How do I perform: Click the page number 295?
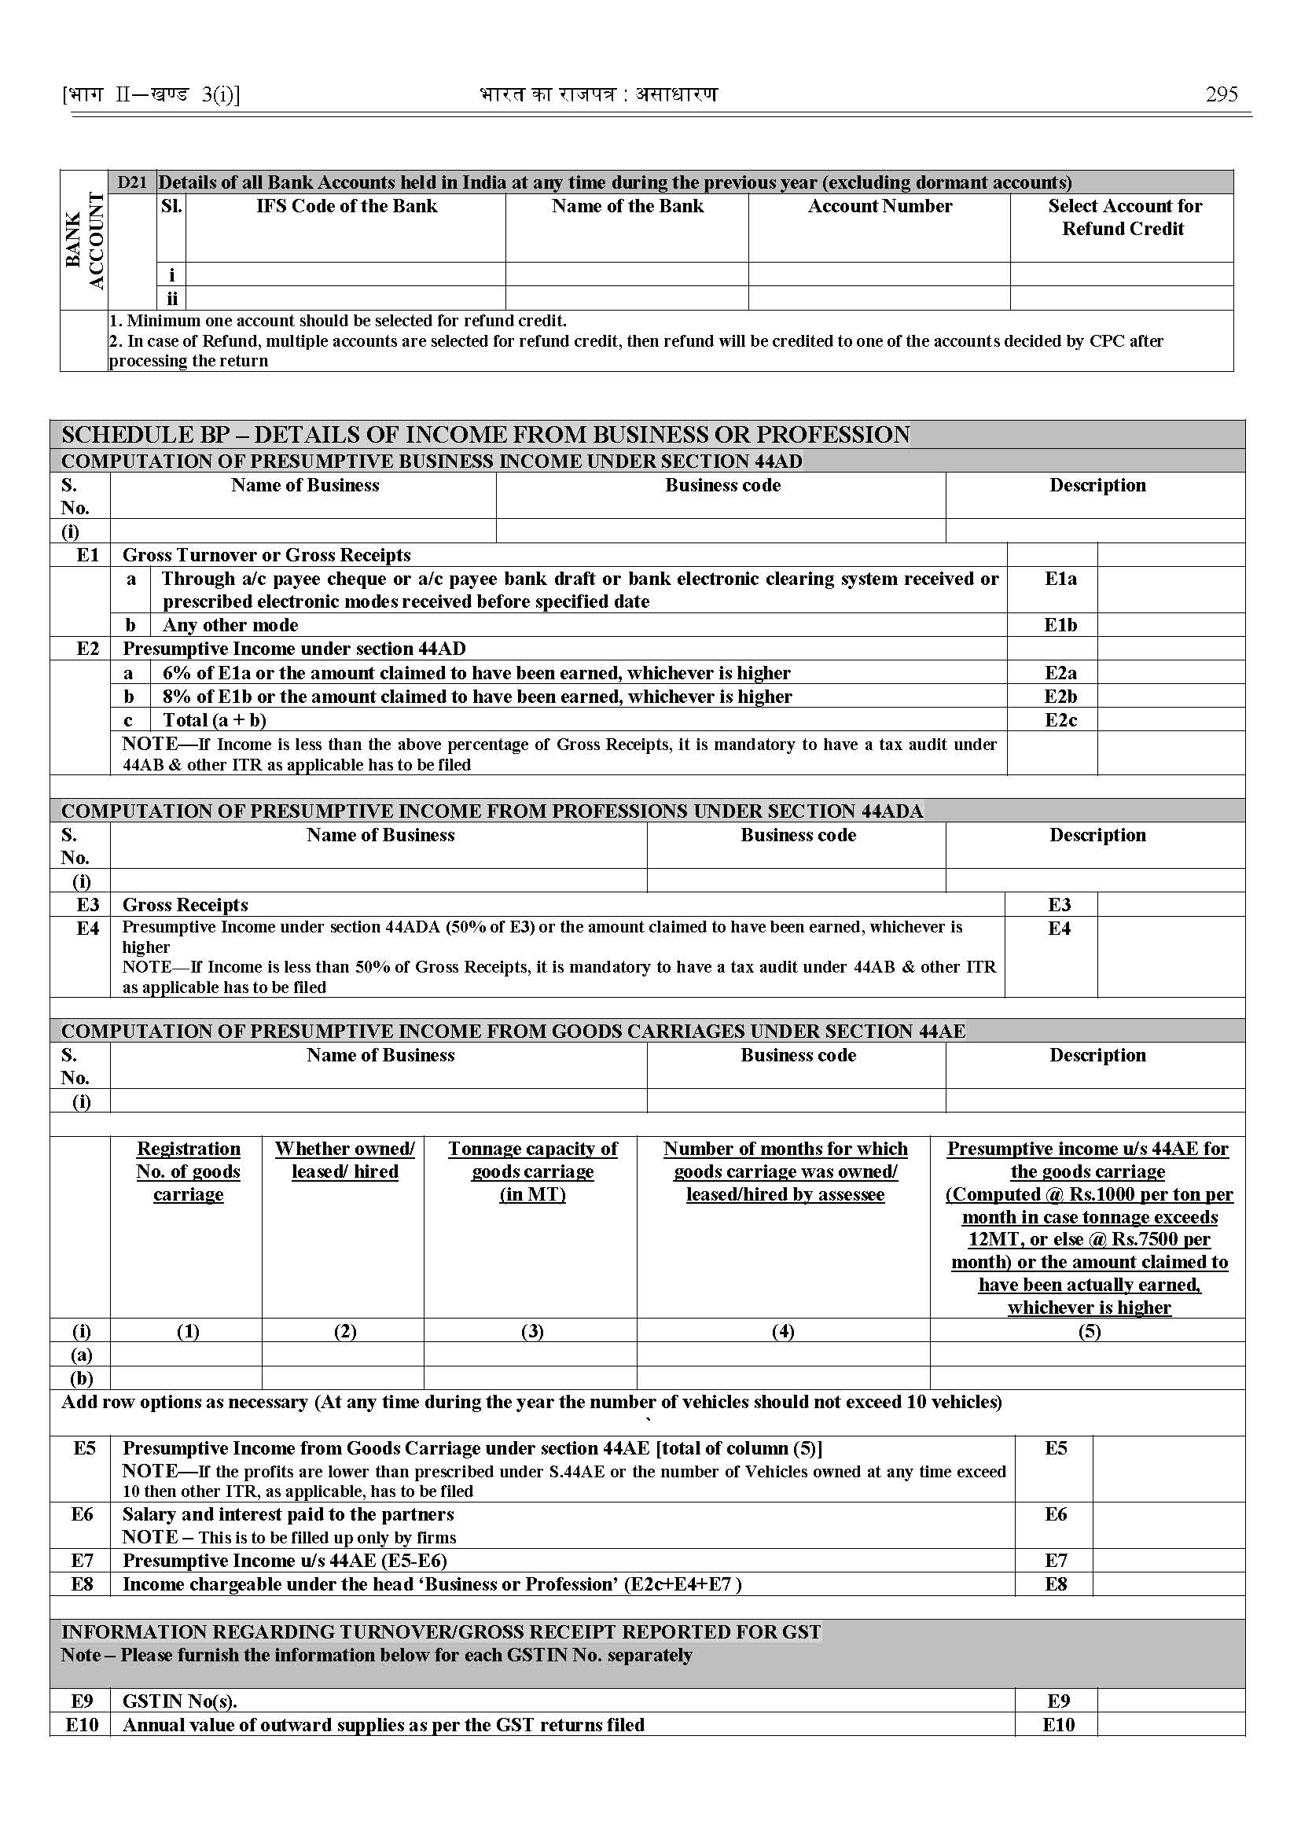1221,94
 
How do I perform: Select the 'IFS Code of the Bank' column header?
346,206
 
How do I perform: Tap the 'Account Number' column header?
880,206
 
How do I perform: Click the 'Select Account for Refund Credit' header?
1123,217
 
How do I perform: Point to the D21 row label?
132,182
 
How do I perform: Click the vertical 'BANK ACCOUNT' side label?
84,241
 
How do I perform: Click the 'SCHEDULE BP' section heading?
485,434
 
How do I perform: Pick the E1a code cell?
1060,579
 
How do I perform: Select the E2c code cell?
1060,719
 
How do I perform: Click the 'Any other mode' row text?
230,625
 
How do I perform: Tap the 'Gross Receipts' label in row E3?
185,905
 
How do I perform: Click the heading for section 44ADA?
492,811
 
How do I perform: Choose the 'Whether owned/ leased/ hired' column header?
344,1160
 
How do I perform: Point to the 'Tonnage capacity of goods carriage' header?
532,1171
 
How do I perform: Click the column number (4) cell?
783,1331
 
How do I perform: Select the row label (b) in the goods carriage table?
82,1377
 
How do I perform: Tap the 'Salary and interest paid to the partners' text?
288,1513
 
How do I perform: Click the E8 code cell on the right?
1055,1583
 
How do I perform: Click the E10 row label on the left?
82,1724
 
